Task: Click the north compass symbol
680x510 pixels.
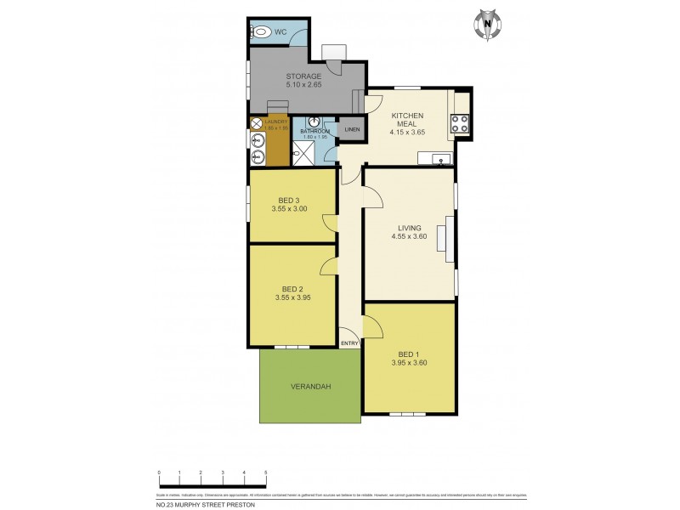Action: pyautogui.click(x=487, y=25)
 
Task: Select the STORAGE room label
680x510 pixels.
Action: pyautogui.click(x=303, y=76)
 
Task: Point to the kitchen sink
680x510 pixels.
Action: pyautogui.click(x=439, y=159)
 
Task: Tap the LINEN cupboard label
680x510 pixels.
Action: pyautogui.click(x=352, y=129)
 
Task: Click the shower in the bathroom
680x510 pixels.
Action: pyautogui.click(x=303, y=154)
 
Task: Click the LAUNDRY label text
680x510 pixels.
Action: pyautogui.click(x=276, y=122)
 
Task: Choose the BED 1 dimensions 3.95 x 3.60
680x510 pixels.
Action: pyautogui.click(x=408, y=363)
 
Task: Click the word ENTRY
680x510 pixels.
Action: pyautogui.click(x=349, y=343)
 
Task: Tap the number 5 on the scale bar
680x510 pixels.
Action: pyautogui.click(x=266, y=472)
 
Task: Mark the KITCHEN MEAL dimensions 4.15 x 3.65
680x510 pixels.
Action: pyautogui.click(x=407, y=132)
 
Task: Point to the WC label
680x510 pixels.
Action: pyautogui.click(x=280, y=32)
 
